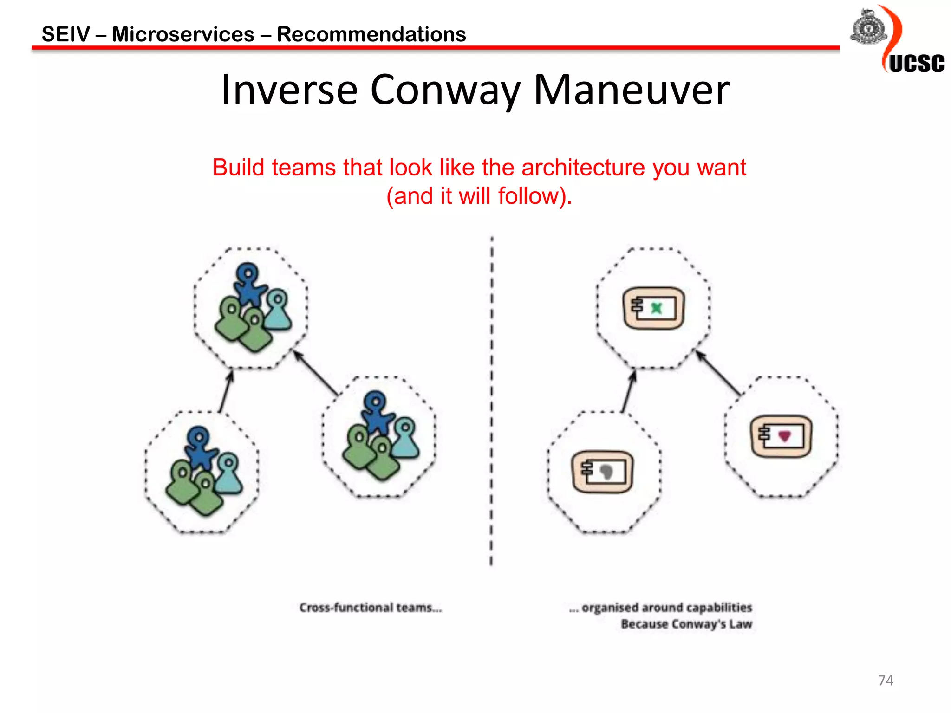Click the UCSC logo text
tap(916, 64)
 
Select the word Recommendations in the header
tap(371, 34)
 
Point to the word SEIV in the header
tap(65, 34)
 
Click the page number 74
tap(886, 681)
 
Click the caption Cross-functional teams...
tap(370, 608)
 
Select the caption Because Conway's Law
tap(686, 624)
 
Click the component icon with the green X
tap(653, 308)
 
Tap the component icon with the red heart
tap(782, 436)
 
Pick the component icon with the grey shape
tap(602, 472)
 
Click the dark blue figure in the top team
tap(249, 283)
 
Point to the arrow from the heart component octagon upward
tap(718, 373)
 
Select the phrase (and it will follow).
tap(479, 196)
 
